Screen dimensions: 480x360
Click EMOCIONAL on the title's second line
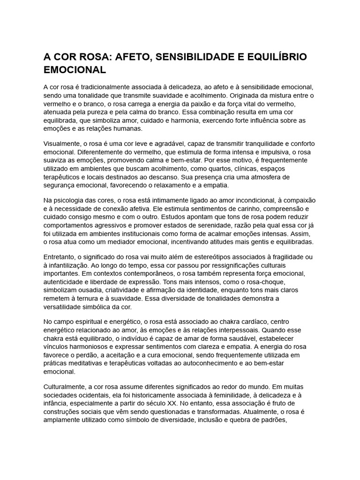point(75,70)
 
